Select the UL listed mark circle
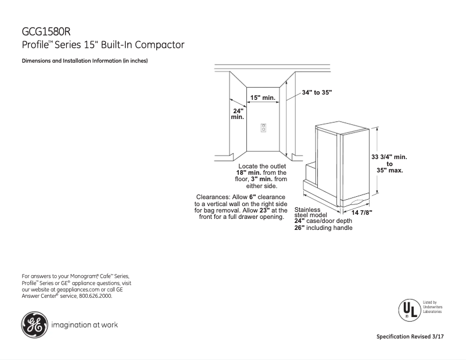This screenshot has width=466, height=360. pyautogui.click(x=408, y=307)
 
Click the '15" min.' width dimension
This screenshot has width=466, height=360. pyautogui.click(x=263, y=98)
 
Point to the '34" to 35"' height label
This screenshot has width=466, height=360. pyautogui.click(x=317, y=92)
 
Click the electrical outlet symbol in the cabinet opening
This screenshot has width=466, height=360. pyautogui.click(x=263, y=128)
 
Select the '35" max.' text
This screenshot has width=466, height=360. pyautogui.click(x=389, y=171)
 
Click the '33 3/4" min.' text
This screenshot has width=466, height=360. pyautogui.click(x=389, y=157)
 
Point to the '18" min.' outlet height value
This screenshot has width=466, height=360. pyautogui.click(x=249, y=173)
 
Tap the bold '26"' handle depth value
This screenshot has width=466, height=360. pyautogui.click(x=299, y=228)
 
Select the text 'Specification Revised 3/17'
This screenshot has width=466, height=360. pyautogui.click(x=414, y=337)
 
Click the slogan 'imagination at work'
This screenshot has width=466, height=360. pyautogui.click(x=85, y=325)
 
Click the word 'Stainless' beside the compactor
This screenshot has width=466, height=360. pyautogui.click(x=308, y=209)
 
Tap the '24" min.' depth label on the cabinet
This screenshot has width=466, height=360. pyautogui.click(x=237, y=114)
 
